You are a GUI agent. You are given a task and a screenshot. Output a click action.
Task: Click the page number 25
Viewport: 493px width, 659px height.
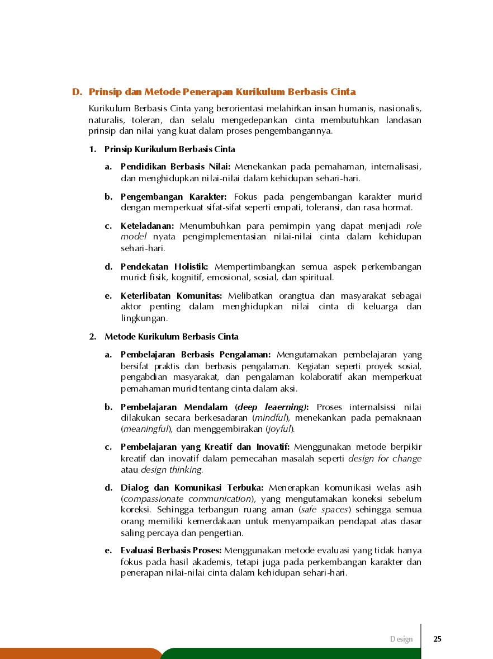pos(437,639)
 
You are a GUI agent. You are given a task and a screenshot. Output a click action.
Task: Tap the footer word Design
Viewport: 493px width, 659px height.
pos(401,639)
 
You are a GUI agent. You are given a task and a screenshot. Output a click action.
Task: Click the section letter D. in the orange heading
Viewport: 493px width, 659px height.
pos(77,92)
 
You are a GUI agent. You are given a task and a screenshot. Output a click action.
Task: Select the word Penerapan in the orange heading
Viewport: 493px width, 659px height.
pos(207,92)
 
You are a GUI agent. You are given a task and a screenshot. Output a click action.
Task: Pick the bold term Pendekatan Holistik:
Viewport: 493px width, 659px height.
pos(164,266)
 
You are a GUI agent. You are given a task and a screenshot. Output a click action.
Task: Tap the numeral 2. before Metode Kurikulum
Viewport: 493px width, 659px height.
pos(93,337)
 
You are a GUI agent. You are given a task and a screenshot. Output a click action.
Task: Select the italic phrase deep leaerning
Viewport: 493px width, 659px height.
pos(272,407)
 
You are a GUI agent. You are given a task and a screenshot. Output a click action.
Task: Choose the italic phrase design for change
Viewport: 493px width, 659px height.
pos(385,459)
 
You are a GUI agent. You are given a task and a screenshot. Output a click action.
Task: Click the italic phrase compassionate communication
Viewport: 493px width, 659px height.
pos(187,499)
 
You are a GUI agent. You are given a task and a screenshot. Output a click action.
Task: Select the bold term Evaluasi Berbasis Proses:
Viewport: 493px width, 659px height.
pos(171,550)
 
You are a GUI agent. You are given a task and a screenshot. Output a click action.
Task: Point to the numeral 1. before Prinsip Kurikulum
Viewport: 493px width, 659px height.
pos(93,149)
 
